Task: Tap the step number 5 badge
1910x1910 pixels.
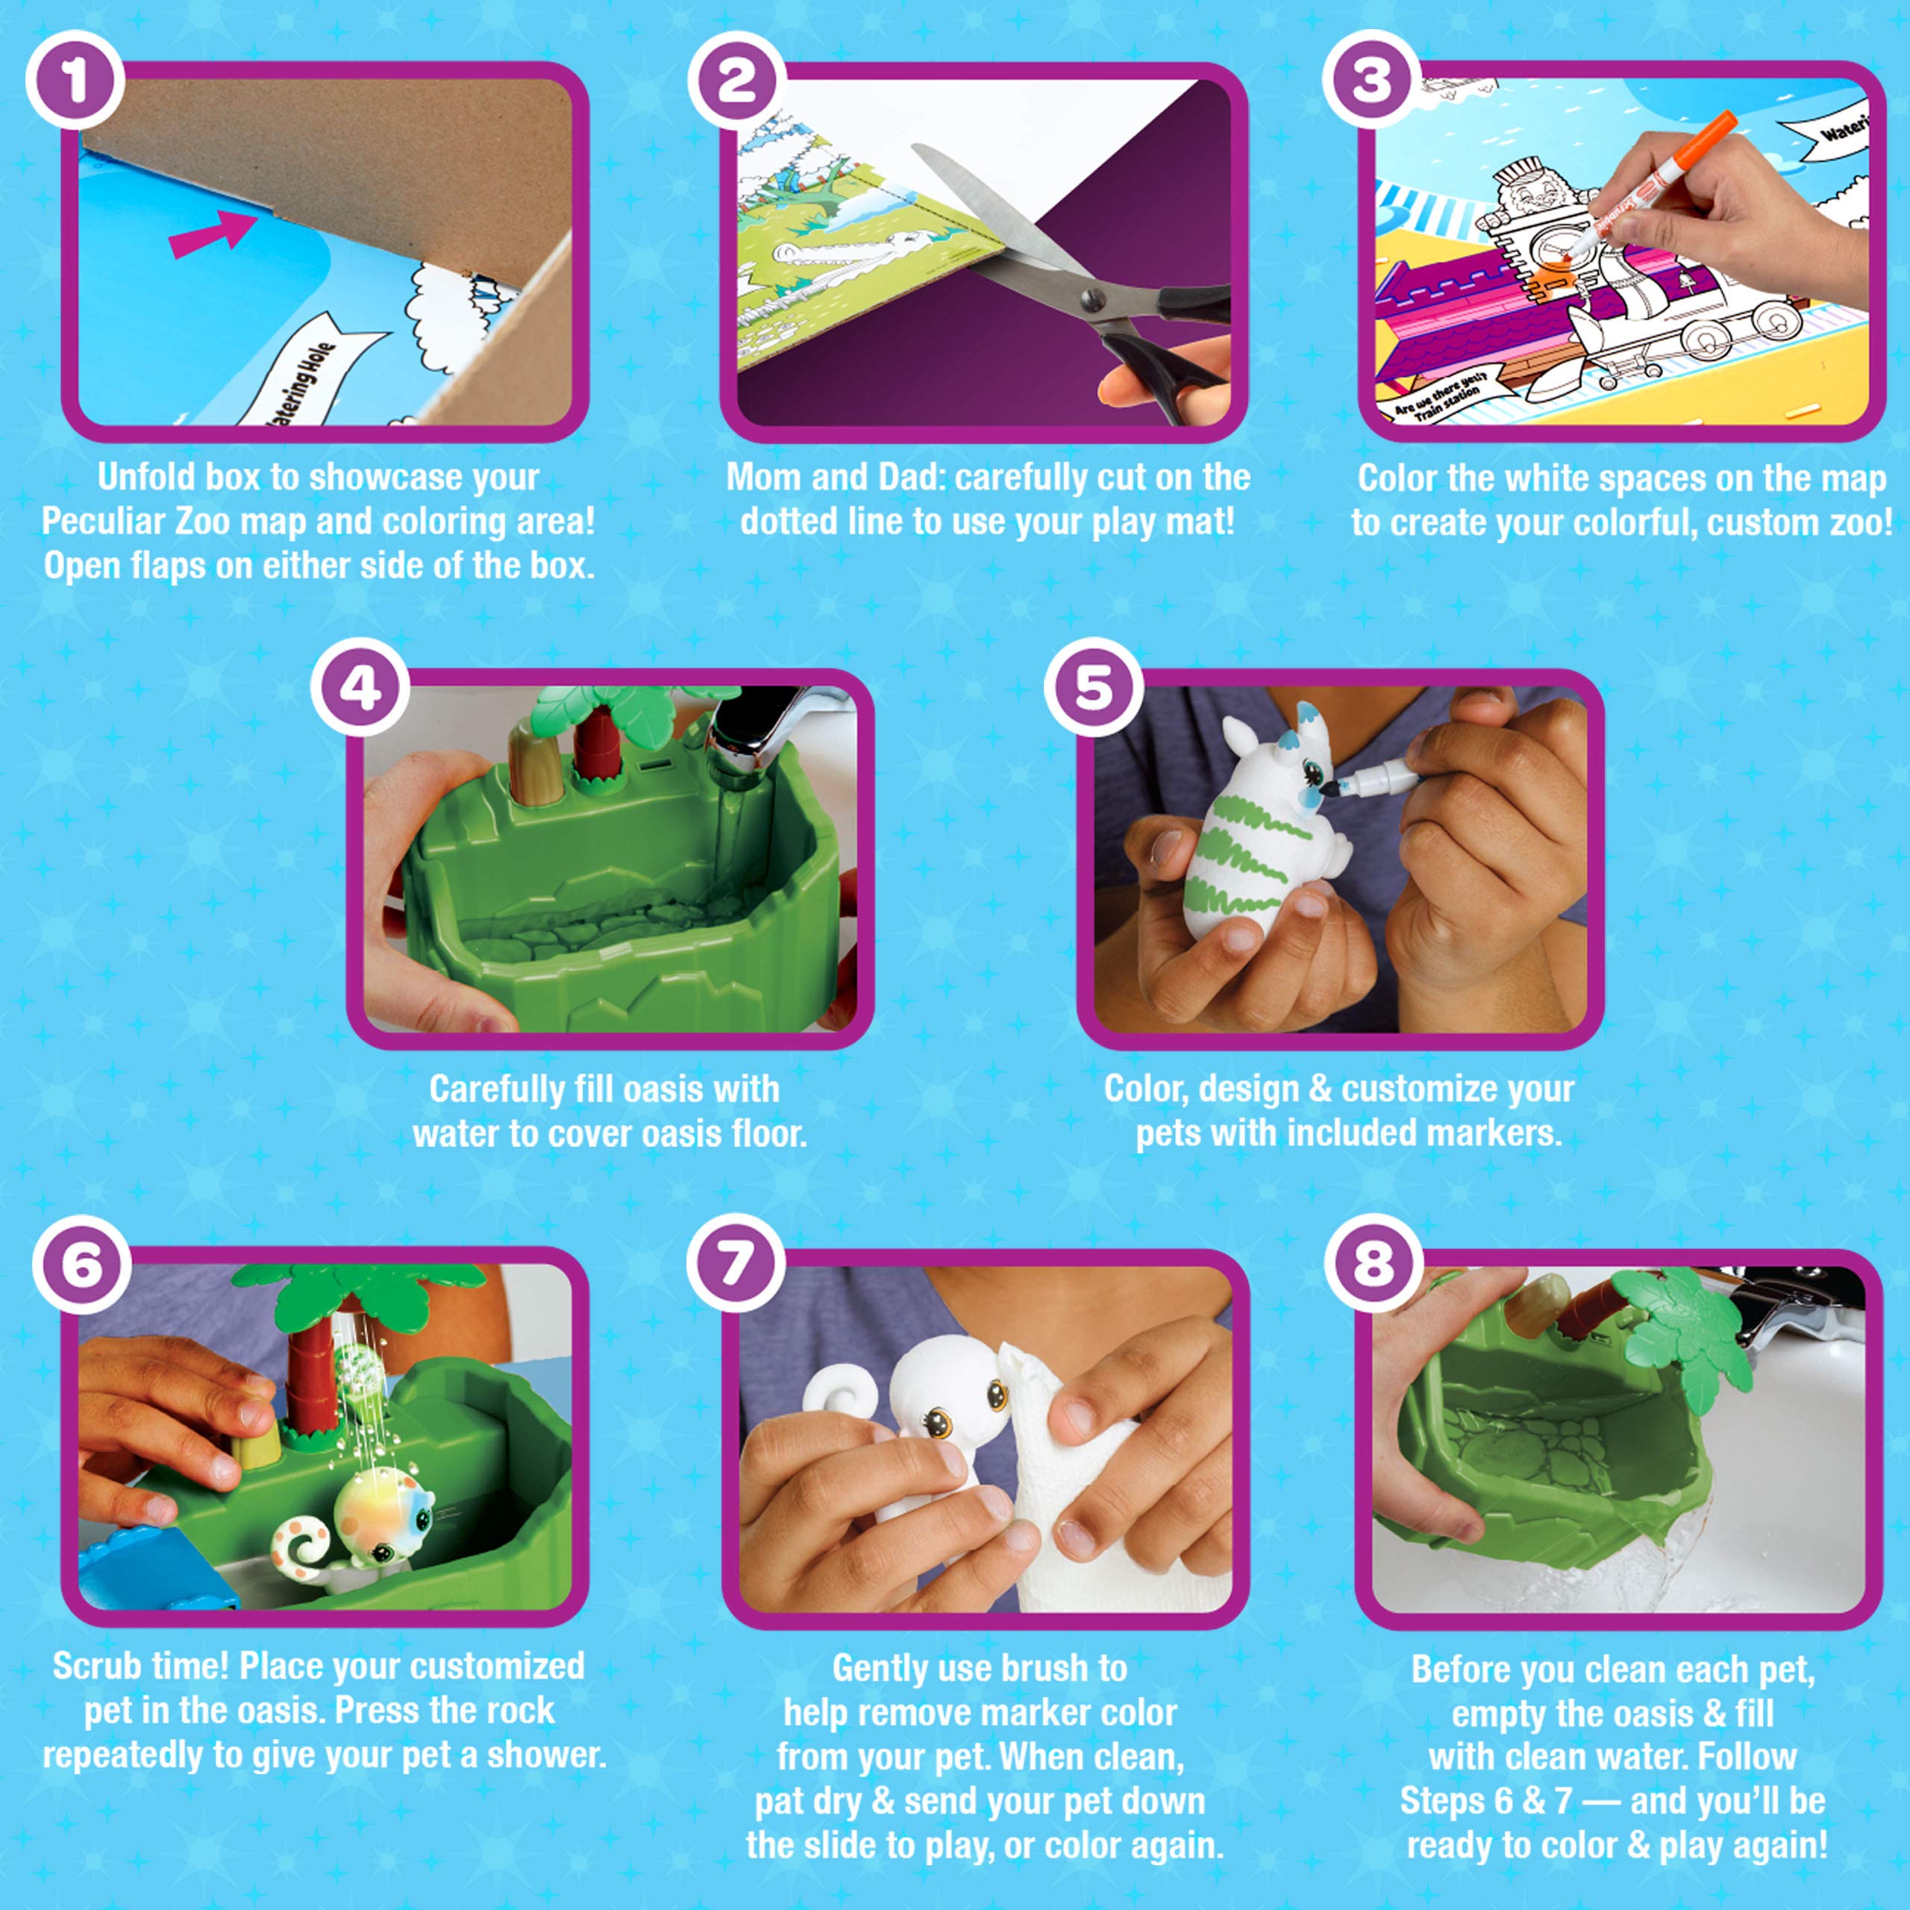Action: point(1094,687)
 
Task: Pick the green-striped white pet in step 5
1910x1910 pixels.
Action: point(1256,840)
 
